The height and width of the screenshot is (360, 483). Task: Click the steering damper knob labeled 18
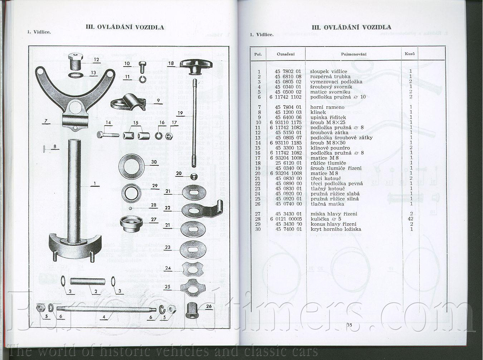[x=196, y=65]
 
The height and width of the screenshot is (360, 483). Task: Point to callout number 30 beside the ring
[x=154, y=162]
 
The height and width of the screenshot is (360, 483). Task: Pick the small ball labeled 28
[x=131, y=208]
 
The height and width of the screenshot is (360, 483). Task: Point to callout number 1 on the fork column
[x=95, y=184]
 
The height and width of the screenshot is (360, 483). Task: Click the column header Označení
[x=286, y=54]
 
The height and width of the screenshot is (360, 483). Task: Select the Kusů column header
[x=410, y=54]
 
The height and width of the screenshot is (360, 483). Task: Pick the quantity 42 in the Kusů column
[x=410, y=219]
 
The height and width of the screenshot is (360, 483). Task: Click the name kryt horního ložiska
[x=336, y=229]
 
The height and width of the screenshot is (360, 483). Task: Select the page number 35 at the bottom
[x=349, y=325]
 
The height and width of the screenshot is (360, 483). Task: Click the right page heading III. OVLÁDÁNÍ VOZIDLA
[x=351, y=27]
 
